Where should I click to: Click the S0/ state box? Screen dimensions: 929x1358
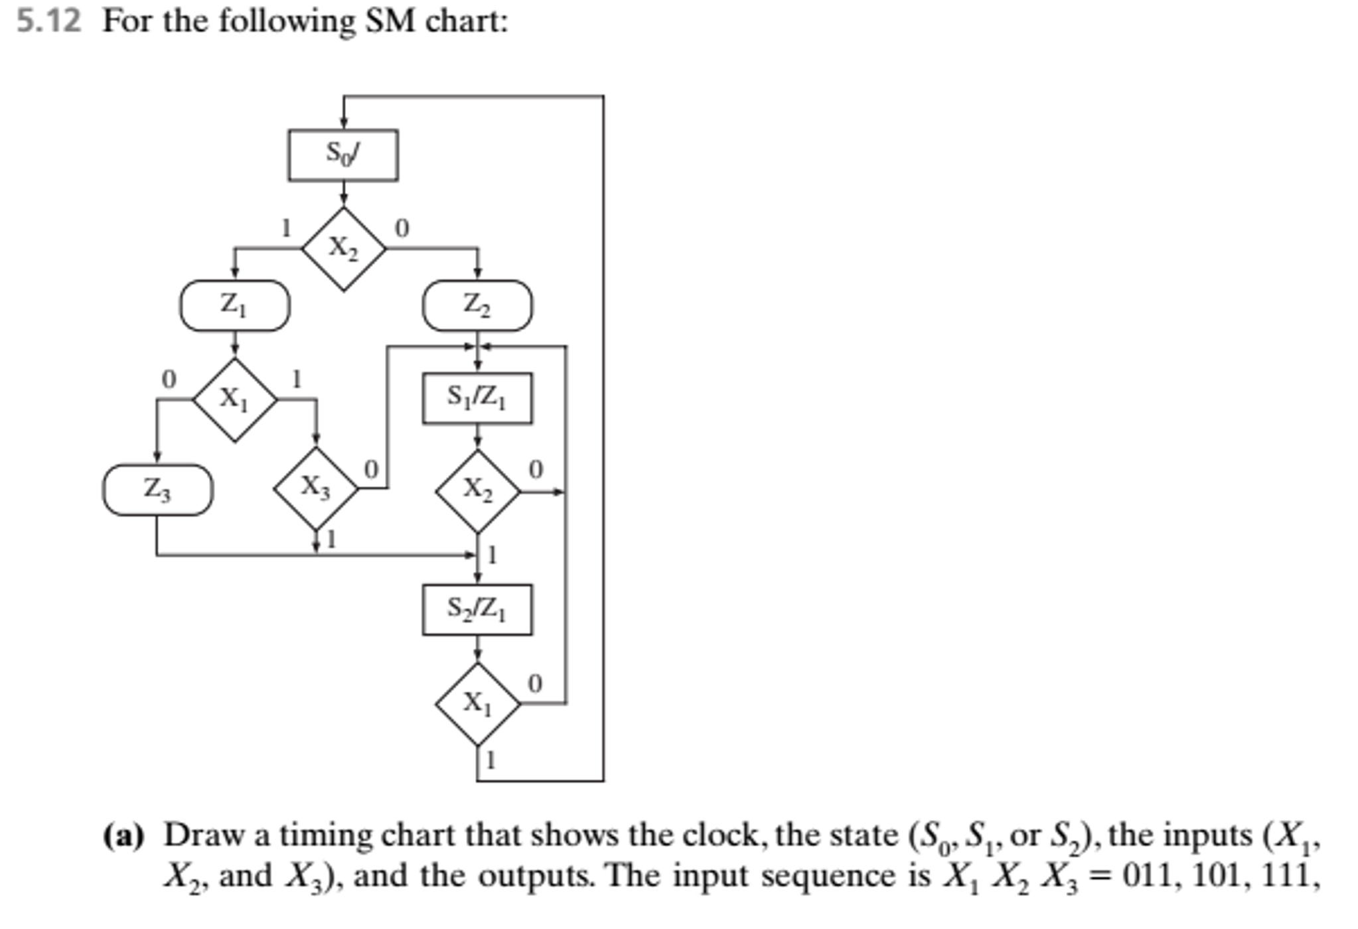pos(343,155)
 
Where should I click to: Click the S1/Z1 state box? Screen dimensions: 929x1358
pos(477,398)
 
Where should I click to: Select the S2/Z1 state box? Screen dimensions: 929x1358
pos(477,609)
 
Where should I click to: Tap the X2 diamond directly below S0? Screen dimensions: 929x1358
pos(343,249)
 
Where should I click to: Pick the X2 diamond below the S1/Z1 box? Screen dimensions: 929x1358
pos(477,492)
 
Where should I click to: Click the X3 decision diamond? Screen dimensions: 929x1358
pos(315,489)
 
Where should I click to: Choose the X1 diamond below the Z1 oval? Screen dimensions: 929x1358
pos(234,399)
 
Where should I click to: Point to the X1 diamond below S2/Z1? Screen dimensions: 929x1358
pos(477,703)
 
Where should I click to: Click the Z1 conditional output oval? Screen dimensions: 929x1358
pos(234,305)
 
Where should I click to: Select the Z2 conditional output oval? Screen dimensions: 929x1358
pos(477,305)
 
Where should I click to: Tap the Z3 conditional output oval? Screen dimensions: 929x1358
pos(157,490)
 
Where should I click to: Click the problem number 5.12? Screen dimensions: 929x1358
pos(48,21)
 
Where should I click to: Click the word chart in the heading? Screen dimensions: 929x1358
pos(466,21)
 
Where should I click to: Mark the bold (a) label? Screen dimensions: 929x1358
pos(123,835)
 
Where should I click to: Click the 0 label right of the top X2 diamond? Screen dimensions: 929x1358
pos(402,229)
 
